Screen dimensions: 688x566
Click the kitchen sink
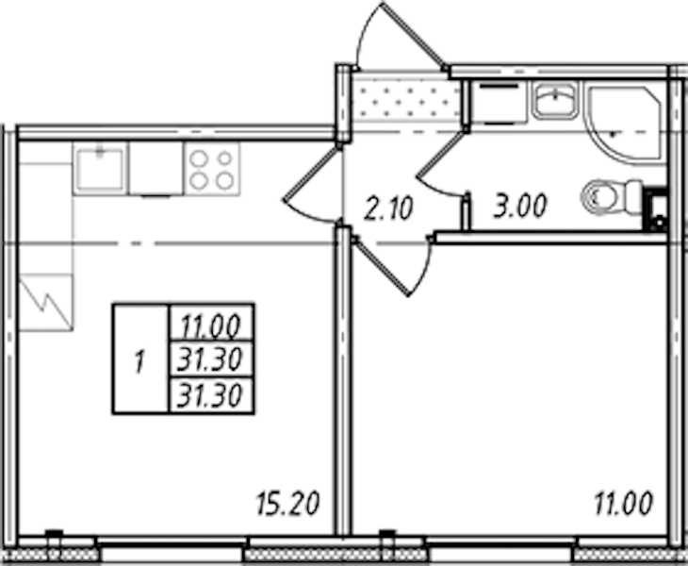(x=100, y=169)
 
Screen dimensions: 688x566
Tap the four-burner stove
(x=212, y=169)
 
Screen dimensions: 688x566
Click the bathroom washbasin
(x=556, y=100)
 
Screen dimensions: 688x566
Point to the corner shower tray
(x=624, y=125)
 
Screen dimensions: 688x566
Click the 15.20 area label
(x=287, y=503)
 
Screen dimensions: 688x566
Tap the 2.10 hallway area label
(x=388, y=208)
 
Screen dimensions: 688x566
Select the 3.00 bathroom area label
(x=520, y=206)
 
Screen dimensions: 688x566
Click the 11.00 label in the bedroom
(x=624, y=503)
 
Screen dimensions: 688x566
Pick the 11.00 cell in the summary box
(x=211, y=325)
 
